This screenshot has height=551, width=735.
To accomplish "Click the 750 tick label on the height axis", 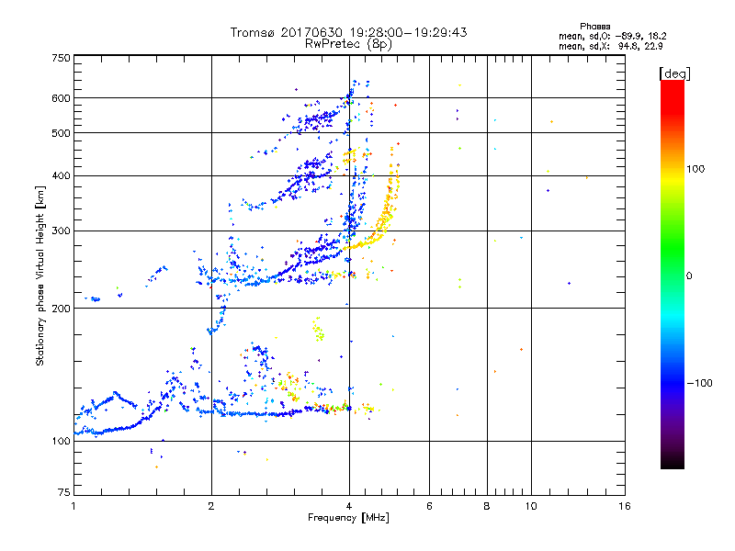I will pos(62,58).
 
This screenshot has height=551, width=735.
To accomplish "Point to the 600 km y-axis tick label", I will pos(62,98).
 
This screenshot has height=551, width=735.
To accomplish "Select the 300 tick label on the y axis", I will pos(62,231).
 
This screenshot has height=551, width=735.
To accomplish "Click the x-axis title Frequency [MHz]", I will pos(348,519).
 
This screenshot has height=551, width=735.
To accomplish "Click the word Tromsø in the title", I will pos(253,32).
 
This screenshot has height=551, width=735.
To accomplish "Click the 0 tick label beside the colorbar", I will pos(691,275).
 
